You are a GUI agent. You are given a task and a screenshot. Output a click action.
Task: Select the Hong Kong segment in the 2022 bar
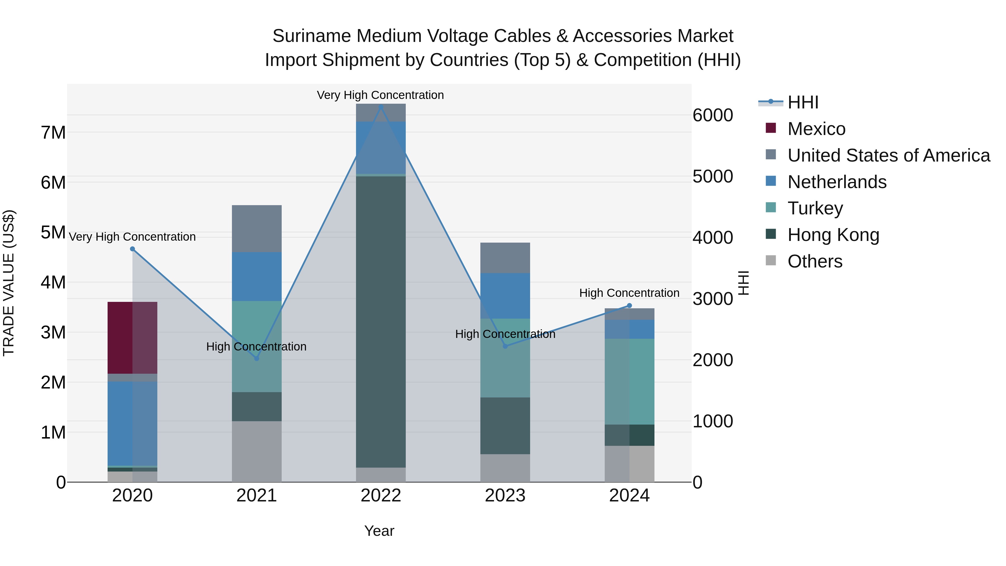pos(381,321)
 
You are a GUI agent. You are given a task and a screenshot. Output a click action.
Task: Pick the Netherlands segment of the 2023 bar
pos(505,296)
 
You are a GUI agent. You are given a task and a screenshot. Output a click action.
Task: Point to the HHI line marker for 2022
pos(381,107)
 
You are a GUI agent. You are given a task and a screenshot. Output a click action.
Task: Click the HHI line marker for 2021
pos(257,358)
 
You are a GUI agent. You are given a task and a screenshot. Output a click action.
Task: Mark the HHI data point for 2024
pos(629,306)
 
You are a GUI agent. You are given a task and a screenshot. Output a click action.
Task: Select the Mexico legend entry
pos(816,129)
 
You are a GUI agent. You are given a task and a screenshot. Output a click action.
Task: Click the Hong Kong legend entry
pos(833,235)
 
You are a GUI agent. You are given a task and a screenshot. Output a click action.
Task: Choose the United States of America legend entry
pos(888,155)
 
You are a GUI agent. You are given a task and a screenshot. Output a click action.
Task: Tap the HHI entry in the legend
pos(803,102)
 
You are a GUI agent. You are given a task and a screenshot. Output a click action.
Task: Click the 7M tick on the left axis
pos(53,133)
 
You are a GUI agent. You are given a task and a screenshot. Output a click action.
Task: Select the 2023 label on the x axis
pos(505,496)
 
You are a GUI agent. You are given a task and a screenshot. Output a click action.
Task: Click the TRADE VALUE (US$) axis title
pos(9,283)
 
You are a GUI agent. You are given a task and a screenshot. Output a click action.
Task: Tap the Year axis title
pos(379,531)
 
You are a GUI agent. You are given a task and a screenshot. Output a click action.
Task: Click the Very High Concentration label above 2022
pos(380,95)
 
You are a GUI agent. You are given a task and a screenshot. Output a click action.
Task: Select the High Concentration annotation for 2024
pos(629,293)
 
